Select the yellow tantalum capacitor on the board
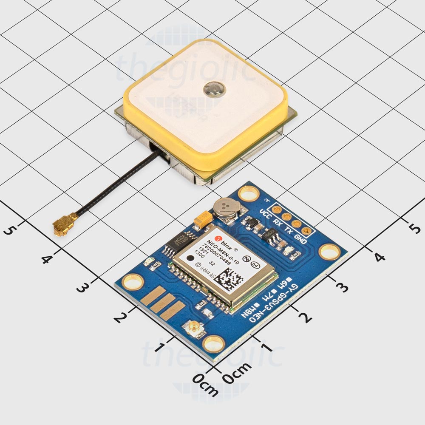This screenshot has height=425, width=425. point(202,220)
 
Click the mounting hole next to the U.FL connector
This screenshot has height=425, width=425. point(213,343)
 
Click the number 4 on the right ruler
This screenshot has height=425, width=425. point(380,257)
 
